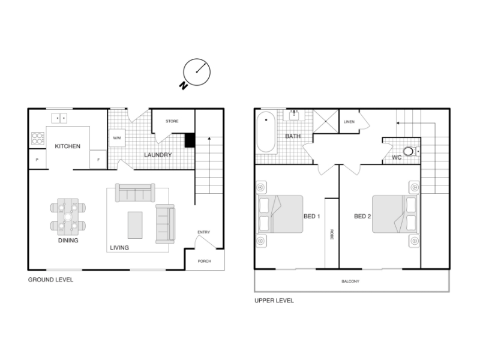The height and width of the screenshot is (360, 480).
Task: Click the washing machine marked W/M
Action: pyautogui.click(x=117, y=138)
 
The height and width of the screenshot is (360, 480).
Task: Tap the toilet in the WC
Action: pyautogui.click(x=411, y=151)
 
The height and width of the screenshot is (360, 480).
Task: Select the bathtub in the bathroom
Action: pyautogui.click(x=266, y=132)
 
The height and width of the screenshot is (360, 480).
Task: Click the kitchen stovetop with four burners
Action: pyautogui.click(x=38, y=139)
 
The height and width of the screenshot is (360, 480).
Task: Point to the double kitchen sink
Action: pyautogui.click(x=59, y=118)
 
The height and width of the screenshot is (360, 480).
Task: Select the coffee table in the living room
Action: pyautogui.click(x=135, y=225)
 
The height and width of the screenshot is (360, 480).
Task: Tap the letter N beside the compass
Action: pyautogui.click(x=183, y=85)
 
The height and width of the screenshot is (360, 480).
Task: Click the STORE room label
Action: pyautogui.click(x=172, y=121)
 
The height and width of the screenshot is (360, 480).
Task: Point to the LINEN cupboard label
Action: pyautogui.click(x=349, y=122)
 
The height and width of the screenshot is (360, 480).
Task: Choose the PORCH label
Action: pyautogui.click(x=205, y=261)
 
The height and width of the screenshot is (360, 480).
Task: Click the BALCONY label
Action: pyautogui.click(x=350, y=281)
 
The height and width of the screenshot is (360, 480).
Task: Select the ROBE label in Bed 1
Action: pyautogui.click(x=332, y=234)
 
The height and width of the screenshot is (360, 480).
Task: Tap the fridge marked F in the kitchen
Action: pyautogui.click(x=98, y=160)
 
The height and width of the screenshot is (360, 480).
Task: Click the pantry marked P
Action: pyautogui.click(x=37, y=160)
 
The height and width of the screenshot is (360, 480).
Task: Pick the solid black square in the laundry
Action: pyautogui.click(x=190, y=140)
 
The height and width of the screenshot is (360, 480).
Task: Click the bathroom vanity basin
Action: pyautogui.click(x=294, y=115)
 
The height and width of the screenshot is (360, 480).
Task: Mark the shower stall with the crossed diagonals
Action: pyautogui.click(x=326, y=121)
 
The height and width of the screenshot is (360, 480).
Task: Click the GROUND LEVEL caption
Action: pyautogui.click(x=51, y=280)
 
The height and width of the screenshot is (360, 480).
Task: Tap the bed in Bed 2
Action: pyautogui.click(x=395, y=214)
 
